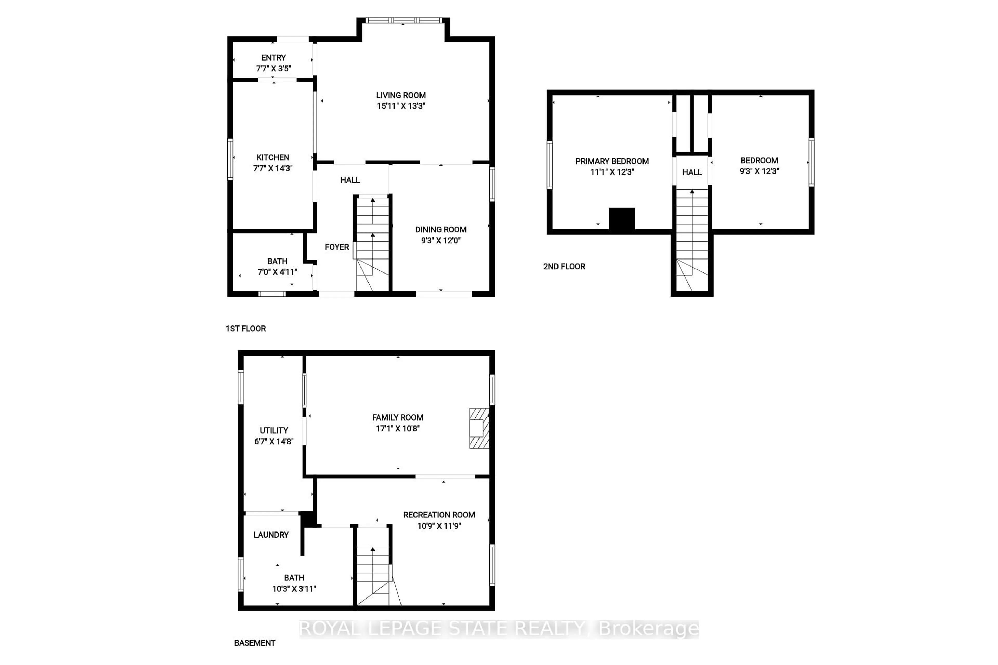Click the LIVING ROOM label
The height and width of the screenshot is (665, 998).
(x=400, y=95)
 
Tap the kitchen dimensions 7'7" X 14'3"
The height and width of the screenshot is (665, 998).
(x=273, y=168)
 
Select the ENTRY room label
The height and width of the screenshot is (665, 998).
(x=273, y=58)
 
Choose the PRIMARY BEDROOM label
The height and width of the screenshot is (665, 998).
(x=612, y=161)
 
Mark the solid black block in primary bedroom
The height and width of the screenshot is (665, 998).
(x=622, y=219)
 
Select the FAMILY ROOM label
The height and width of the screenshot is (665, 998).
(x=398, y=418)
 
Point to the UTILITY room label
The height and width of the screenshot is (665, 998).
(x=274, y=430)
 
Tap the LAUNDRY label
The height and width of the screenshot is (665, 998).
(x=271, y=535)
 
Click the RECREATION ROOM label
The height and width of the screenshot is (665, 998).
(x=439, y=515)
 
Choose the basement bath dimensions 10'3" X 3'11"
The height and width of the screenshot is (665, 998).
(x=294, y=589)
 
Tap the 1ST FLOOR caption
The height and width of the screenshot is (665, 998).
(x=246, y=329)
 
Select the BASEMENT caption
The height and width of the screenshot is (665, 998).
(x=255, y=643)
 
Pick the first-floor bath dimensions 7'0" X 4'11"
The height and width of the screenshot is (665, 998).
(x=277, y=272)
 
